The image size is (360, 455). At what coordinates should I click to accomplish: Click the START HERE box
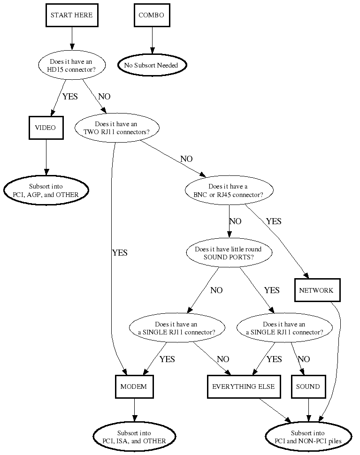click(72, 15)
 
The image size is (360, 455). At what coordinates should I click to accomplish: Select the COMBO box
click(151, 15)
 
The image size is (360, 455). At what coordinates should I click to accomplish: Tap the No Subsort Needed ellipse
click(151, 65)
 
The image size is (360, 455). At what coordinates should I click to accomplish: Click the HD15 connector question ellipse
click(72, 65)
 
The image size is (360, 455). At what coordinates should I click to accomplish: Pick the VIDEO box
click(46, 128)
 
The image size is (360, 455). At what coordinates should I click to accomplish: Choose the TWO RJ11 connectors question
click(116, 128)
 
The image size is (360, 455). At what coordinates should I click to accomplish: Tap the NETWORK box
click(316, 290)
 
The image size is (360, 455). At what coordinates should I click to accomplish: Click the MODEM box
click(134, 387)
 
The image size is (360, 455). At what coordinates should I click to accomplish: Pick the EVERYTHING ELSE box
click(244, 387)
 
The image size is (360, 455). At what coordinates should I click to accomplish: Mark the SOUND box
click(308, 387)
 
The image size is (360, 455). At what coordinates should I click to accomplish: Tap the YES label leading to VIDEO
click(70, 97)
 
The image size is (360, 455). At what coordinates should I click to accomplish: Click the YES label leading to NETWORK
click(274, 221)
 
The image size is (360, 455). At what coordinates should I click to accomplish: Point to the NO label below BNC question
click(235, 221)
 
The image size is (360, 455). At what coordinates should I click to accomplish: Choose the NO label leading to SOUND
click(304, 359)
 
